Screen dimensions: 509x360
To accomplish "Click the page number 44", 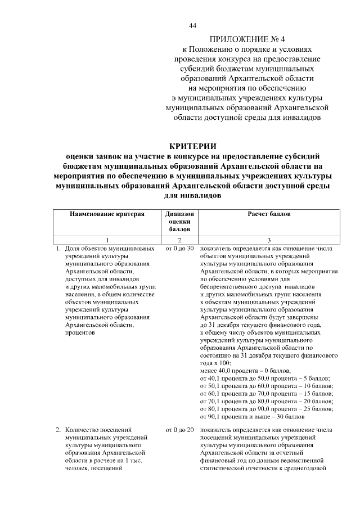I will tap(193, 26).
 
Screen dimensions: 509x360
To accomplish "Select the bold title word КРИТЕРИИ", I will tap(193, 147).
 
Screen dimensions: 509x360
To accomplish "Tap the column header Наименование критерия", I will tap(107, 214).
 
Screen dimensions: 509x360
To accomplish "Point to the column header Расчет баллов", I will tap(269, 214).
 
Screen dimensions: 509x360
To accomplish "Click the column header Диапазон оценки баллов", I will tap(180, 222).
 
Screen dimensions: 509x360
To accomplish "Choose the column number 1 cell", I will tap(107, 240).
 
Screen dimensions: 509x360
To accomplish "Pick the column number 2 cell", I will tap(180, 240).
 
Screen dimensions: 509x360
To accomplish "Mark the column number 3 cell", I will tap(269, 240).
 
